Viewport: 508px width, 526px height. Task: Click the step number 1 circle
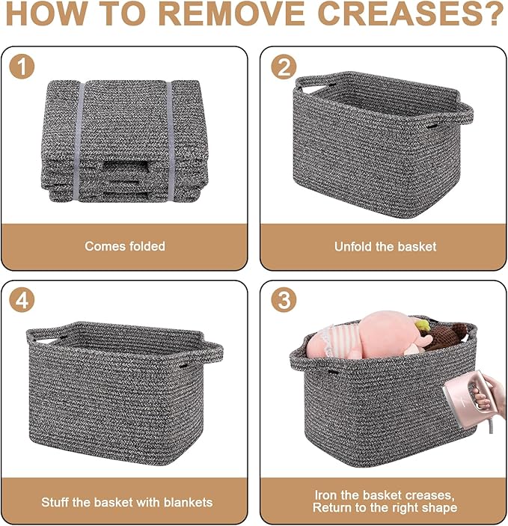click(22, 67)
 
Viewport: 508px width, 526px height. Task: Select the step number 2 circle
click(284, 67)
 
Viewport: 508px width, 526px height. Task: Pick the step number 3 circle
click(284, 299)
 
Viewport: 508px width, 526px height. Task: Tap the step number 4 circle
click(22, 299)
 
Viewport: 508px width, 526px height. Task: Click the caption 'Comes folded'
click(125, 246)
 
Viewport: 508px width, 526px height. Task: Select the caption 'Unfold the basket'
click(385, 247)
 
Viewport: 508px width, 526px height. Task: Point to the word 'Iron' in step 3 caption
click(326, 495)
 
